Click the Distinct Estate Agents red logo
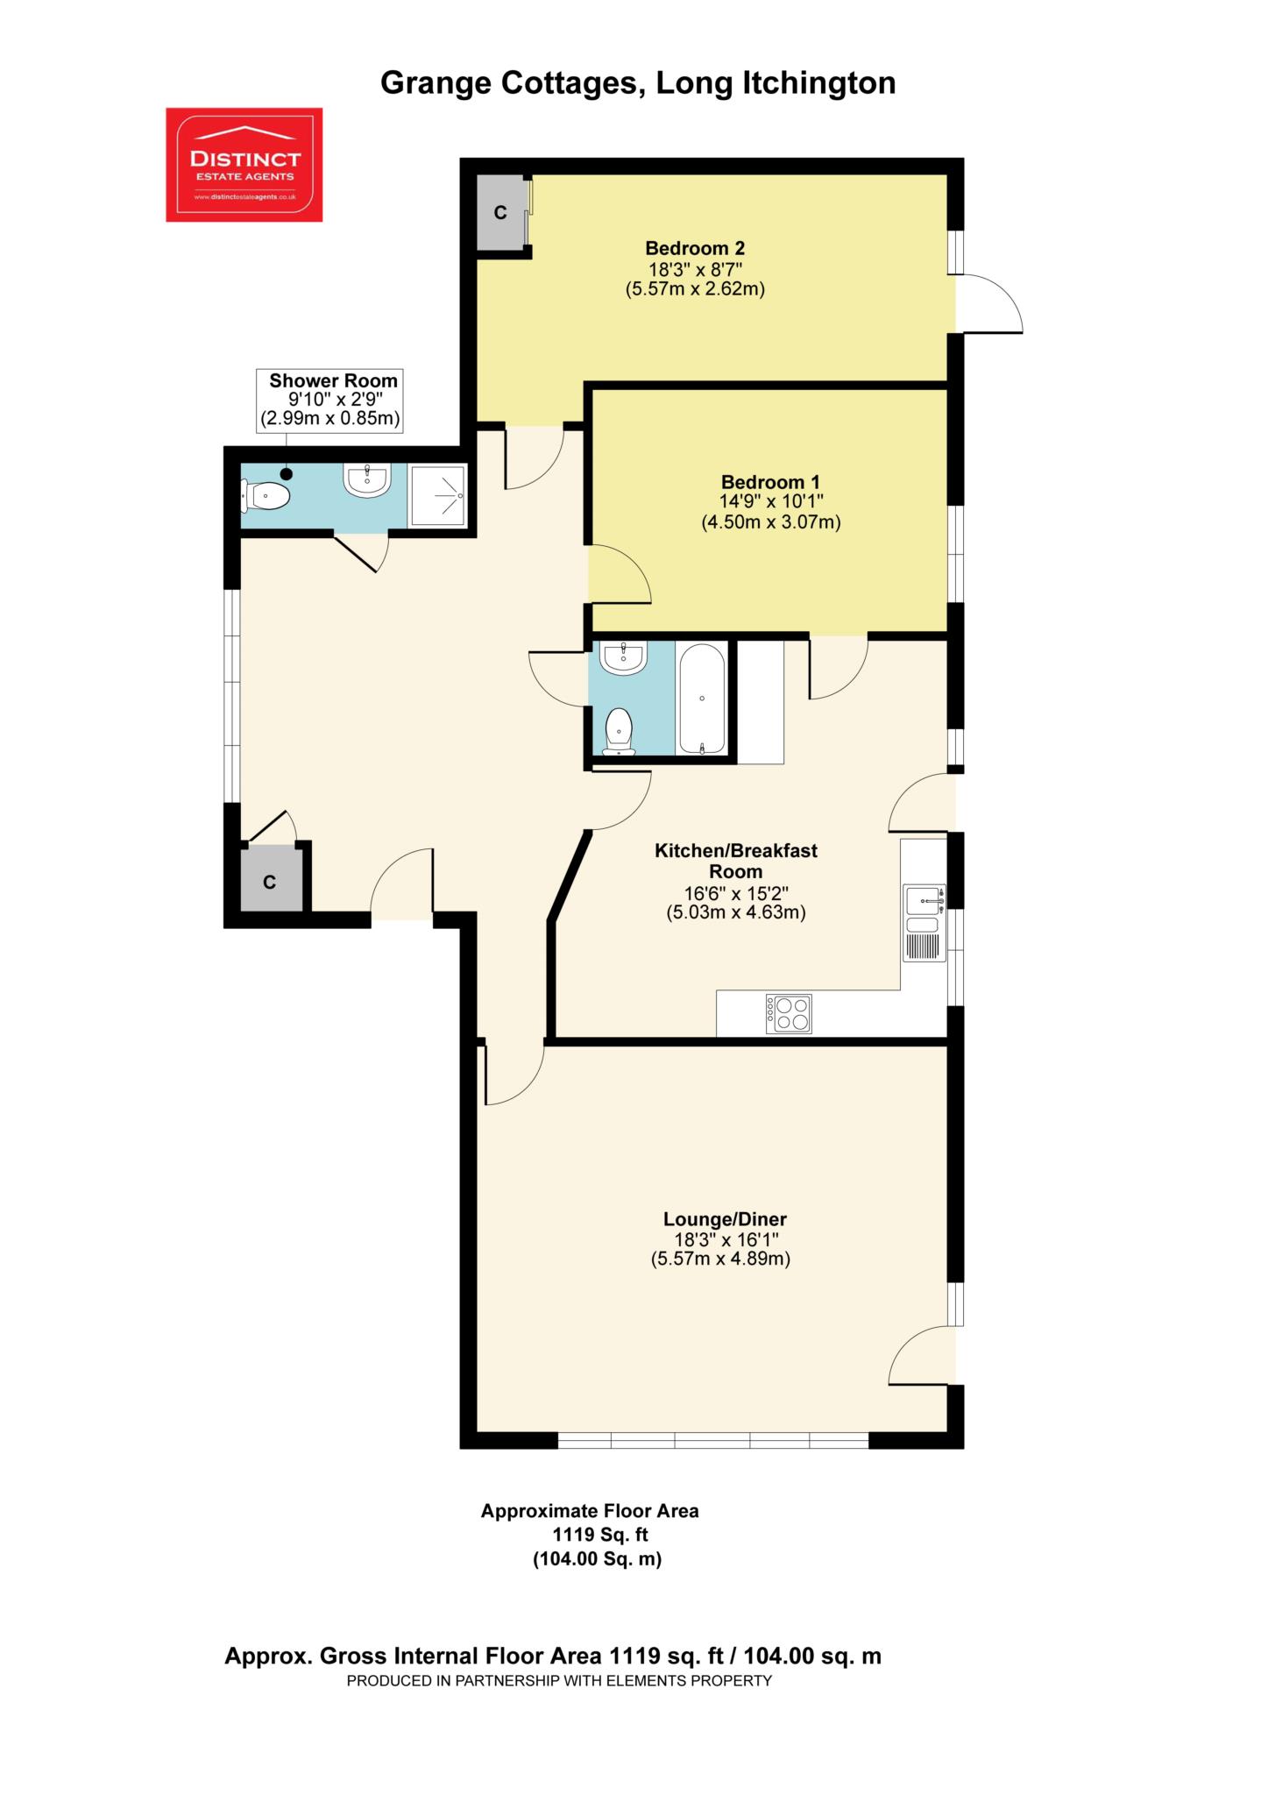tap(244, 165)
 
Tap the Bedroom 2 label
tap(695, 248)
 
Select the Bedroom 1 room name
tap(770, 482)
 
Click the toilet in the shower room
tap(266, 497)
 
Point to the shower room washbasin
tap(367, 480)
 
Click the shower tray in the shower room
tap(438, 496)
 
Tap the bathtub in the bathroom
tap(701, 699)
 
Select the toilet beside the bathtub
tap(620, 732)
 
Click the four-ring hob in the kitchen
tap(789, 1014)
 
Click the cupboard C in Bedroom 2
tap(500, 212)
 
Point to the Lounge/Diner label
tap(725, 1219)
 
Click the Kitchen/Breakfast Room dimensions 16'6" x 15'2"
tap(736, 894)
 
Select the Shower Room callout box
tap(330, 401)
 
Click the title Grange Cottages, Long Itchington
tap(638, 83)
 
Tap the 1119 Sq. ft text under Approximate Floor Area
tap(600, 1535)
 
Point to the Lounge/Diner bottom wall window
tap(712, 1440)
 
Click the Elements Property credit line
tap(559, 1681)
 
